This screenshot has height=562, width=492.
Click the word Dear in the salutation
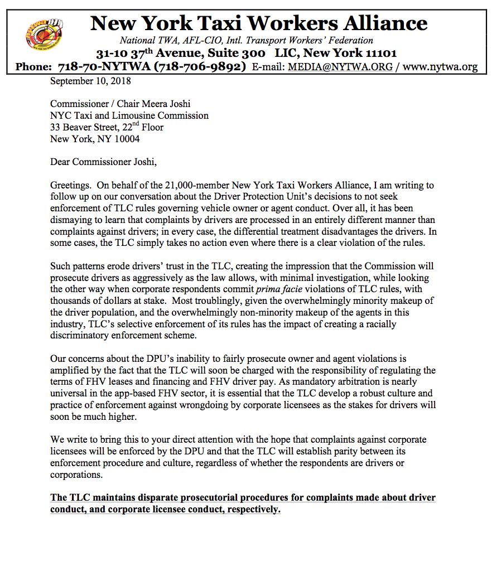click(61, 162)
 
